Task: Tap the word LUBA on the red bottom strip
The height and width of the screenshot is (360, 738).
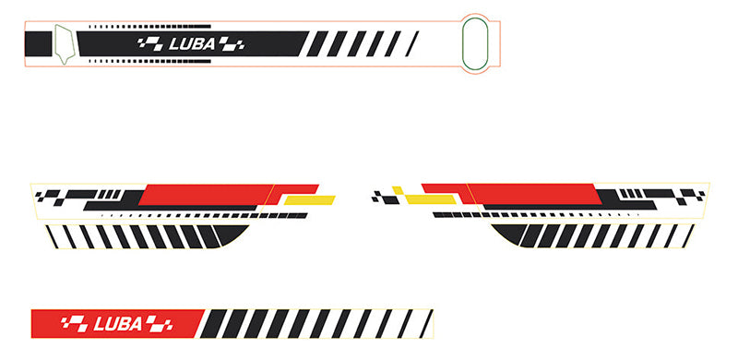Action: point(117,323)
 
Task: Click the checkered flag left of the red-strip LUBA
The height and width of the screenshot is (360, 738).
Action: point(74,323)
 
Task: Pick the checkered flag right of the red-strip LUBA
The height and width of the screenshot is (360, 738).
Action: point(158,323)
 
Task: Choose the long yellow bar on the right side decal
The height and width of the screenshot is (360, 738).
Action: point(430,199)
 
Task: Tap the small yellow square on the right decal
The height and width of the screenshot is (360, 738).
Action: point(398,191)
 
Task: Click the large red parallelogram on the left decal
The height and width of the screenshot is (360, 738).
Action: point(208,194)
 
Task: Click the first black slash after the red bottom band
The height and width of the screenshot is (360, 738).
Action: point(213,323)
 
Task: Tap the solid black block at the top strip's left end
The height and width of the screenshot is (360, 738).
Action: point(39,42)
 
